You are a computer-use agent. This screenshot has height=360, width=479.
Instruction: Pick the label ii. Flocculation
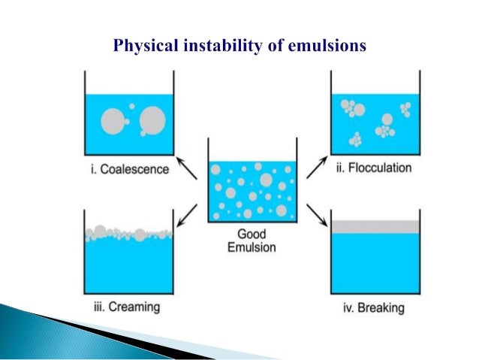pyautogui.click(x=373, y=168)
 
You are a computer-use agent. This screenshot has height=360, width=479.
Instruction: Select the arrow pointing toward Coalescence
pyautogui.click(x=187, y=167)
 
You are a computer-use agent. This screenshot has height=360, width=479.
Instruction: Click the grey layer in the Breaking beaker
pyautogui.click(x=373, y=226)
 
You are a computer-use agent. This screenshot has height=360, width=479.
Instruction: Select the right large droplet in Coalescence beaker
pyautogui.click(x=152, y=119)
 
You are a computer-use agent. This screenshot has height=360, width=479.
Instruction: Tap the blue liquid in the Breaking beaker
pyautogui.click(x=373, y=263)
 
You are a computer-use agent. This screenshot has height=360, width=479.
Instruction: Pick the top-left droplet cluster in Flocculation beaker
pyautogui.click(x=351, y=108)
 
